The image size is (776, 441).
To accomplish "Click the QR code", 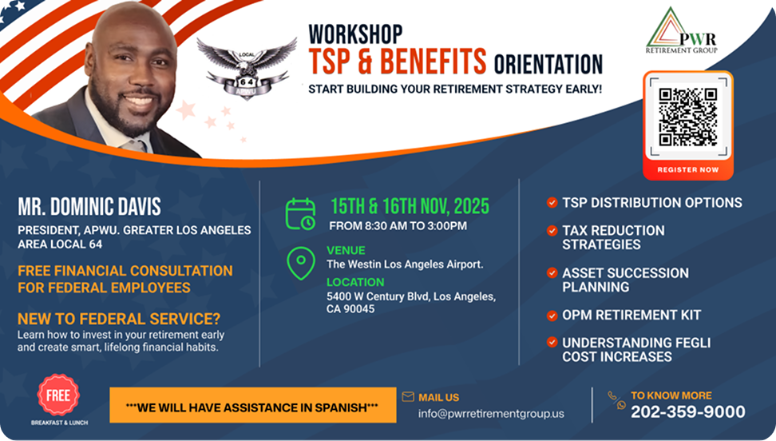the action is tap(688, 117).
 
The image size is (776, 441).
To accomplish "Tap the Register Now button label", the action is tap(688, 169).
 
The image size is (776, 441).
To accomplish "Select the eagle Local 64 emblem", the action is tap(247, 68).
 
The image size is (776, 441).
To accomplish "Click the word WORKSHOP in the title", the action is tap(355, 34).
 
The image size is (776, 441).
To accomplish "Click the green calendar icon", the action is tap(300, 214).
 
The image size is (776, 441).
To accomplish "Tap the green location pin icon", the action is tap(301, 263).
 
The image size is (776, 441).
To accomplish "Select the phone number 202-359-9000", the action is tap(688, 411).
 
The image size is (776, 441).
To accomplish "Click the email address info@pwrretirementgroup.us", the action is tap(491, 413).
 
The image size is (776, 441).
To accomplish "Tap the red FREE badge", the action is tap(58, 395).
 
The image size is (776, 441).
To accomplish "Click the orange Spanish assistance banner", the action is tap(253, 405).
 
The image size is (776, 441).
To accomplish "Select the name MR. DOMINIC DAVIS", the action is tap(89, 207).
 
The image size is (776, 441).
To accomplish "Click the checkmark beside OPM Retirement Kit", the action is tap(552, 315).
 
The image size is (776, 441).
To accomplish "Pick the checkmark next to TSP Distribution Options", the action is tap(552, 202).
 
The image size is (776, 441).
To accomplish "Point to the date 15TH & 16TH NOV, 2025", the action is tap(410, 206).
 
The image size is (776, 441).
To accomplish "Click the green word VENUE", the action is tap(346, 251).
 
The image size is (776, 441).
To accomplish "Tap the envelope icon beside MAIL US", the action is tap(408, 396).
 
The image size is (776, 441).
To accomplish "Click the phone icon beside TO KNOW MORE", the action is tap(617, 400).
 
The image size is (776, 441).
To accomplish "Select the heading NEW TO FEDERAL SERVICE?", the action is tap(119, 319).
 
